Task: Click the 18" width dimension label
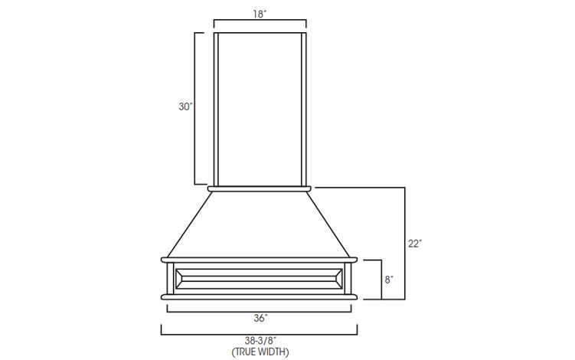click(x=260, y=12)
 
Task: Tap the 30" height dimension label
click(x=185, y=107)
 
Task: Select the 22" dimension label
click(x=414, y=244)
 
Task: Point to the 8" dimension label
click(x=388, y=280)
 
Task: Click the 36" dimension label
click(x=260, y=317)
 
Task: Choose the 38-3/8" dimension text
click(x=260, y=341)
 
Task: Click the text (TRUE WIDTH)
click(x=260, y=352)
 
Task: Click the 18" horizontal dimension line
click(x=260, y=22)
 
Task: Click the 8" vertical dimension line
click(x=378, y=280)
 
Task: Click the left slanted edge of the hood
click(x=188, y=222)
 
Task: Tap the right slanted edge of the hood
click(x=331, y=222)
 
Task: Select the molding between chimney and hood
click(x=260, y=187)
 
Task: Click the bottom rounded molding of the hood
click(x=260, y=296)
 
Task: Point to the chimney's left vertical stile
click(x=217, y=107)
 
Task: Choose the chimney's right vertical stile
click(x=303, y=107)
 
